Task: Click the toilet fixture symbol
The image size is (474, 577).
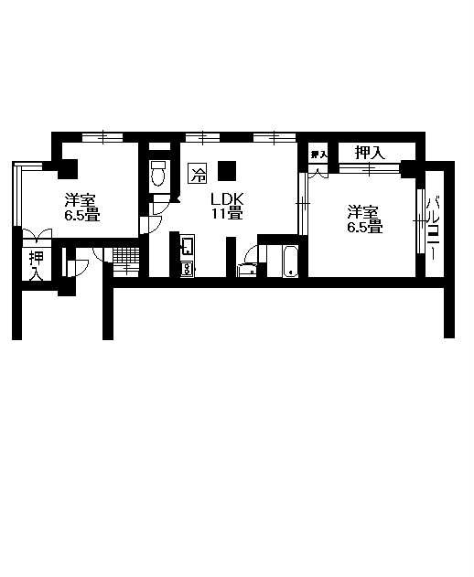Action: tap(159, 173)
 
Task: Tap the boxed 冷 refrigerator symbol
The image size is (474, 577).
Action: tap(198, 173)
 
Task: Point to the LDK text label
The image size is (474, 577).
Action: tap(227, 199)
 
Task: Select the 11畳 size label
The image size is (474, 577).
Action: tap(227, 213)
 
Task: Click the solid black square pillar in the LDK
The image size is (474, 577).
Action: tap(227, 171)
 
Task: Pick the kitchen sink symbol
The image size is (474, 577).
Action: tap(187, 246)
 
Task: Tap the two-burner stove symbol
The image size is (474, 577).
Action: tap(187, 268)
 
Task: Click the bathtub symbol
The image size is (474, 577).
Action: tap(291, 261)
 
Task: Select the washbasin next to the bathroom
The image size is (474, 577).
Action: tap(246, 270)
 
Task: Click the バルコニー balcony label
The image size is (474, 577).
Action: tap(434, 229)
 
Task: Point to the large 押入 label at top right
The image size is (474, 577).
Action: tap(370, 152)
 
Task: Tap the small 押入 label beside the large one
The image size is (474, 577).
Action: tap(318, 155)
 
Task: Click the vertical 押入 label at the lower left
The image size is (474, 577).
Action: tap(37, 266)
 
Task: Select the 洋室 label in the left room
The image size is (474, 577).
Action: tap(81, 201)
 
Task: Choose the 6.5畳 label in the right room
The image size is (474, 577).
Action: tap(364, 227)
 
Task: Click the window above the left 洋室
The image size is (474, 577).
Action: tap(102, 138)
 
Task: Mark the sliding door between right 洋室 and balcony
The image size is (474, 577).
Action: tap(421, 220)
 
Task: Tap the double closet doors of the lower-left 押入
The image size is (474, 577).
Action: tap(37, 235)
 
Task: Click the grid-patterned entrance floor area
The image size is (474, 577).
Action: tap(126, 255)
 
